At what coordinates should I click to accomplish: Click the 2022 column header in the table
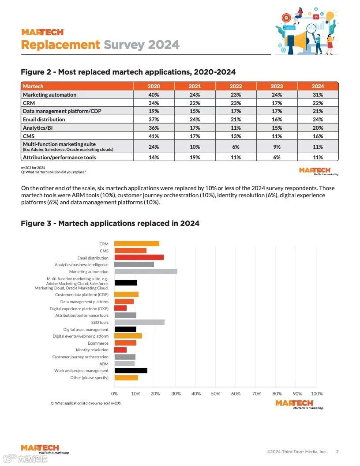(x=236, y=86)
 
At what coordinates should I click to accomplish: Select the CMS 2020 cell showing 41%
(x=154, y=136)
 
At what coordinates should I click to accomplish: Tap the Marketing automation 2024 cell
(x=318, y=94)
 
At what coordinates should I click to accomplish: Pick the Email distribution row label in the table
(x=44, y=119)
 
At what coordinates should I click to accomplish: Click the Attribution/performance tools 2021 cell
(x=195, y=157)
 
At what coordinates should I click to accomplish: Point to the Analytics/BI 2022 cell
(x=236, y=128)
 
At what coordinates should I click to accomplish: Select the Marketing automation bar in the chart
(x=146, y=271)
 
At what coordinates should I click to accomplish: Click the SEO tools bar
(x=139, y=322)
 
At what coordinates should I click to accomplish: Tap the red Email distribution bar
(x=139, y=257)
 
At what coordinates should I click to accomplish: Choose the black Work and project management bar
(x=131, y=371)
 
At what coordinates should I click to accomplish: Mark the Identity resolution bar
(x=120, y=350)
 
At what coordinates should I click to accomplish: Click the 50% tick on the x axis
(x=216, y=394)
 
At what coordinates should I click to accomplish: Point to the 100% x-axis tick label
(x=317, y=394)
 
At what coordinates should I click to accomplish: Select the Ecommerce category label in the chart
(x=98, y=343)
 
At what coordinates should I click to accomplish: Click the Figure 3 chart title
(x=110, y=223)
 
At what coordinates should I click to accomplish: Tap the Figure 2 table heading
(x=128, y=72)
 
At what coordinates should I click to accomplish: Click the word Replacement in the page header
(x=61, y=45)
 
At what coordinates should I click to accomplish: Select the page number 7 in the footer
(x=337, y=451)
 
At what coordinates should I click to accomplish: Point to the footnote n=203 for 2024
(x=33, y=168)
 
